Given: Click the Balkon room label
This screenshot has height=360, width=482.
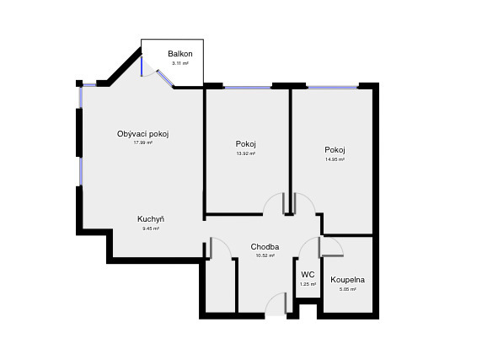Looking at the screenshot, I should click(179, 54).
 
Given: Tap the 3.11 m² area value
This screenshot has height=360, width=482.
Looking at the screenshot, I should click(179, 63).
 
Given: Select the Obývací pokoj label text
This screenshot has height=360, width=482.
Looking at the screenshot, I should click(142, 133).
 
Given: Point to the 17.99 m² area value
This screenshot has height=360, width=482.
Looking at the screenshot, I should click(142, 142).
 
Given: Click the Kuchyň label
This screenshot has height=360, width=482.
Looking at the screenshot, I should click(151, 219).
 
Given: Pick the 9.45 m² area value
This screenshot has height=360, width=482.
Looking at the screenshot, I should click(151, 228).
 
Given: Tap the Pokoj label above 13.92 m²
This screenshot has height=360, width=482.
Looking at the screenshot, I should click(245, 143).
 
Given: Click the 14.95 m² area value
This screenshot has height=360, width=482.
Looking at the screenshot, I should click(335, 159).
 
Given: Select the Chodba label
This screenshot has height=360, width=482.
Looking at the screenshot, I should click(265, 247).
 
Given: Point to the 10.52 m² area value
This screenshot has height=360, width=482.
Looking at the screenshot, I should click(265, 256).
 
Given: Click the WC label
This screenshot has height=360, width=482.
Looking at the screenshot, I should click(308, 274).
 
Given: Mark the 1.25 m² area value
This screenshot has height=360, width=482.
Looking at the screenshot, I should click(308, 284).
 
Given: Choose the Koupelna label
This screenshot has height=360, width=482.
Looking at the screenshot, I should click(347, 279).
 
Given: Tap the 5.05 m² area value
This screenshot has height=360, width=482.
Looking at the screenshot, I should click(347, 289).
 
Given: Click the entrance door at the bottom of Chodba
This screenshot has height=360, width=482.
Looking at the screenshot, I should click(276, 305).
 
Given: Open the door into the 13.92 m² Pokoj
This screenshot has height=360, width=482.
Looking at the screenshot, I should click(276, 205).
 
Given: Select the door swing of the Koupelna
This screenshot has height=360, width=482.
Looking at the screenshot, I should click(331, 247).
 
